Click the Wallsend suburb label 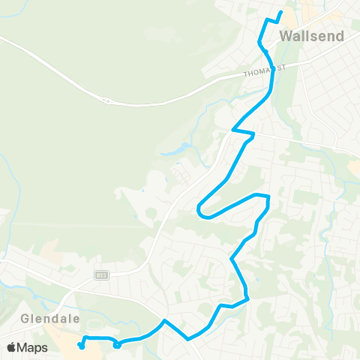311,36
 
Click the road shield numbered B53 101,275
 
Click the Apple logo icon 12,347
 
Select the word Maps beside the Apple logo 34,347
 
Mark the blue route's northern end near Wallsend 280,12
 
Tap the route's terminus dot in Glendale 80,346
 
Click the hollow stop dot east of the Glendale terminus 116,345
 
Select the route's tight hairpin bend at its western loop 199,210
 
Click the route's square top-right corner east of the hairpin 267,196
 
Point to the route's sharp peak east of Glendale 164,320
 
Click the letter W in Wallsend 285,36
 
